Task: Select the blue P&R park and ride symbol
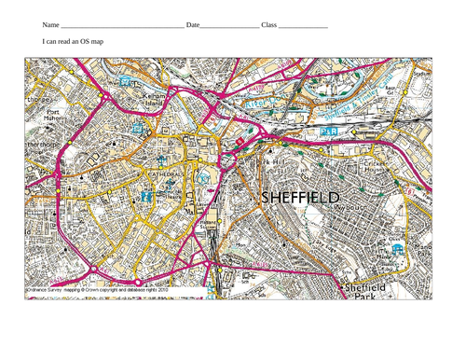tap(329, 132)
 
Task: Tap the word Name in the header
tap(51, 25)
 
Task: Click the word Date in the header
tap(193, 25)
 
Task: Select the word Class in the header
tap(269, 25)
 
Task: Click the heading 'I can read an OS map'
tap(79, 44)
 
